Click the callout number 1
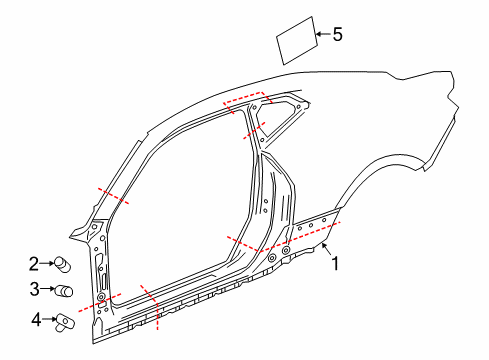336,264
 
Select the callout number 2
33,264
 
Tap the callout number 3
33,290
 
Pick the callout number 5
337,35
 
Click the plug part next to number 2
64,265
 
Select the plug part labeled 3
66,291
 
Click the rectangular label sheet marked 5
296,41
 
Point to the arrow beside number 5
321,36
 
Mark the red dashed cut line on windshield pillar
113,195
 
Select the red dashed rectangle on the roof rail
248,101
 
